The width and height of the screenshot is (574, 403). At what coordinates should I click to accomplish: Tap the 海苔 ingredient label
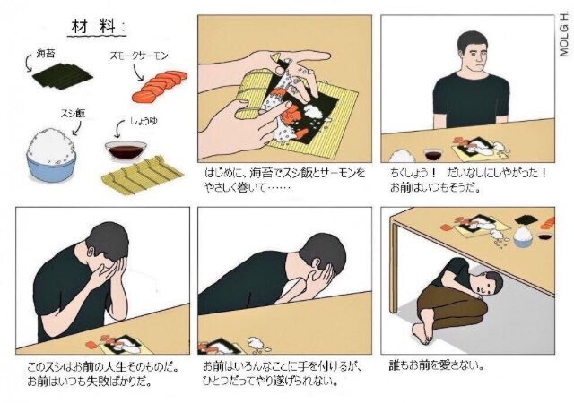point(46,54)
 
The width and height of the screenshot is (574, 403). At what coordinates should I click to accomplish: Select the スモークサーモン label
point(139,56)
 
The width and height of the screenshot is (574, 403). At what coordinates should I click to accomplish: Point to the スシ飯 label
point(73,114)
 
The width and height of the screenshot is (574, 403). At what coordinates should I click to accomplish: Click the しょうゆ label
point(143,121)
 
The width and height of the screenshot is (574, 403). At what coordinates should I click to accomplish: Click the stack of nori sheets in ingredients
point(62,76)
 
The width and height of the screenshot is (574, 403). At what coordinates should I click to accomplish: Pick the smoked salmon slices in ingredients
point(160,86)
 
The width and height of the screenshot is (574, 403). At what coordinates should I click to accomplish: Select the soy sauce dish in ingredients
point(126,150)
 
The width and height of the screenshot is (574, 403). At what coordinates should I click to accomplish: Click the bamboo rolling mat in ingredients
point(142,175)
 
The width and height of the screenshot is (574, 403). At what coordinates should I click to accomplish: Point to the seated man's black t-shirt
point(471,99)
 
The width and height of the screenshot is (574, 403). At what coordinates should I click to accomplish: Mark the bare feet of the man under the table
point(422,332)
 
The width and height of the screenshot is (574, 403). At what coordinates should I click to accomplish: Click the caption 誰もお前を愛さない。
point(436,365)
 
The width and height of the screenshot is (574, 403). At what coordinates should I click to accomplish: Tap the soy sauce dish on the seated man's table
point(432,154)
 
